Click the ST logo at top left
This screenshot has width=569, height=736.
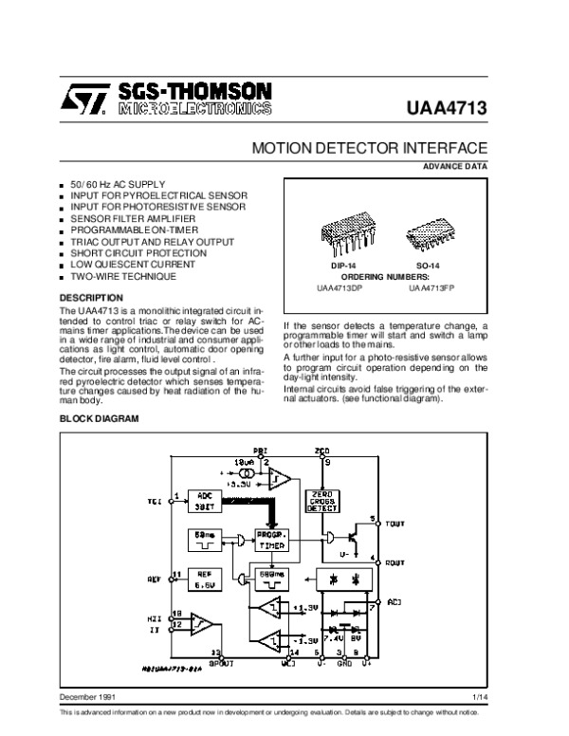pos(89,99)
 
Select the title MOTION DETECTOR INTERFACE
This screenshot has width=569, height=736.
pos(369,149)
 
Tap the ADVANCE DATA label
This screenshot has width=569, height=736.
pos(461,168)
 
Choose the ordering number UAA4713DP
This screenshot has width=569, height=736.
pos(338,287)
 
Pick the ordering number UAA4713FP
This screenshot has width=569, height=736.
pos(432,287)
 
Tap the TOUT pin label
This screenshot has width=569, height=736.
pos(396,523)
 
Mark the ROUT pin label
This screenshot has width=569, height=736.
pos(395,562)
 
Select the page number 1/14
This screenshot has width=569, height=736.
pos(479,698)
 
